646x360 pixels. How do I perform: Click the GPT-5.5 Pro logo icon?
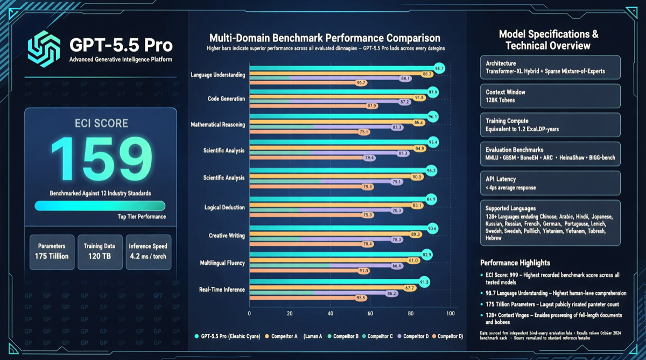click(44, 49)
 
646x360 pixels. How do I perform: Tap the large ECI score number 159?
click(101, 159)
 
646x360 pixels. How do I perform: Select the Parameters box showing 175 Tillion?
click(52, 251)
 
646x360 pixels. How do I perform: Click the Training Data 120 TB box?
click(100, 251)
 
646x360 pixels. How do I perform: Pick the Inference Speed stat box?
click(149, 251)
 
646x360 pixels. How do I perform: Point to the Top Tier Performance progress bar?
click(100, 206)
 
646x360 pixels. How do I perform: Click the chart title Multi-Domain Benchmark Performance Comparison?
click(325, 38)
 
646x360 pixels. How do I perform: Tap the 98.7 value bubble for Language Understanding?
click(439, 69)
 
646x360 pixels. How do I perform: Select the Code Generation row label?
click(226, 99)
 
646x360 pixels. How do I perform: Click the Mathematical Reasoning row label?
click(218, 125)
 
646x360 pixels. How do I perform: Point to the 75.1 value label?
click(364, 132)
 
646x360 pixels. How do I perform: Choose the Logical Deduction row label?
click(224, 207)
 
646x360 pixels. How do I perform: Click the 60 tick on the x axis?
click(370, 313)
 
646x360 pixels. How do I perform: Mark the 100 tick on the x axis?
click(451, 313)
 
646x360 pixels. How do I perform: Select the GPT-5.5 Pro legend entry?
click(226, 336)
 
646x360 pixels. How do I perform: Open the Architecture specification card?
click(550, 67)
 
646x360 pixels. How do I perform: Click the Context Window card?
click(550, 96)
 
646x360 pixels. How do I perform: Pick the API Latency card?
click(550, 183)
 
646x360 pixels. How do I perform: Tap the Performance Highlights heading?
click(515, 263)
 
